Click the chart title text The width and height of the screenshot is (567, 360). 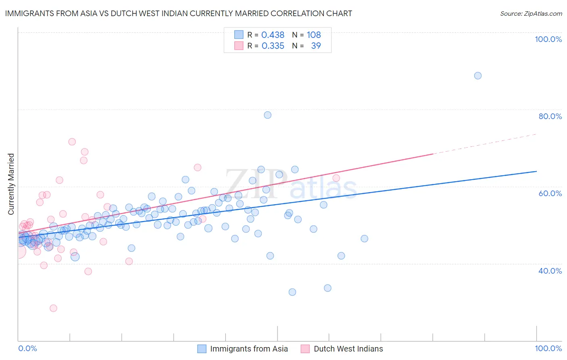pos(178,13)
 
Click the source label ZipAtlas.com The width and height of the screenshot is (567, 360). pos(531,13)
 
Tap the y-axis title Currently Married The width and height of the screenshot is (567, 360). pos(11,184)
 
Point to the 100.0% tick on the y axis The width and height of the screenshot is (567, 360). pos(548,39)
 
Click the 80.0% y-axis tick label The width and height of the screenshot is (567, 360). pos(550,116)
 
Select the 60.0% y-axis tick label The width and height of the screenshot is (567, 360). pos(550,193)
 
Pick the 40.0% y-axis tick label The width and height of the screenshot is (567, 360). pos(550,271)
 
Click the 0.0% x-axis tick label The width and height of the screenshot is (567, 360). pos(27,348)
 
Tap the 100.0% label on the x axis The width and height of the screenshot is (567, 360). pos(548,348)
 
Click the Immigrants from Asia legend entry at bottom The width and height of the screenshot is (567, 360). pos(249,349)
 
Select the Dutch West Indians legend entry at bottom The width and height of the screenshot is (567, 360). pos(348,349)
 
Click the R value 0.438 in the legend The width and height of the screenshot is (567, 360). pos(273,35)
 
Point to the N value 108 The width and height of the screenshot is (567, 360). pos(314,35)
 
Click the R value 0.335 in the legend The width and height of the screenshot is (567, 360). pos(273,46)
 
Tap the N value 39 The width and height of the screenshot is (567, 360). pos(316,46)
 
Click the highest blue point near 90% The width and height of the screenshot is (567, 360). pos(478,75)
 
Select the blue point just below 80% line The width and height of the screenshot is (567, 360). pos(267,115)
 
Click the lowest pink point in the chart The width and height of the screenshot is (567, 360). pos(53,308)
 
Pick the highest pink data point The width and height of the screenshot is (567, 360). pos(72,142)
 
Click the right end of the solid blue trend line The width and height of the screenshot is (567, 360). pos(536,171)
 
